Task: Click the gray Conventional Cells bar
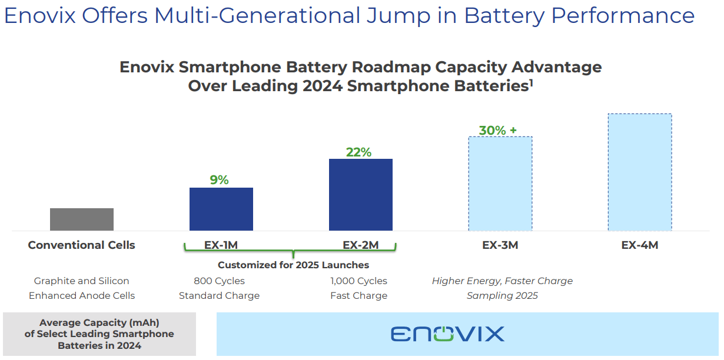[x=82, y=219]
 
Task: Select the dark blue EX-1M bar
[x=221, y=209]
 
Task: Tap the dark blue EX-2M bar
[x=361, y=195]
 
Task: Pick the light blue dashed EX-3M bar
[x=500, y=184]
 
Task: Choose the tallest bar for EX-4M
[x=640, y=172]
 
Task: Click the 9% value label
[x=219, y=180]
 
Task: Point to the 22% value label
[x=358, y=152]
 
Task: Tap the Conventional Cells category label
[x=82, y=245]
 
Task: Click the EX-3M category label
[x=500, y=245]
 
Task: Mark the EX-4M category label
[x=640, y=245]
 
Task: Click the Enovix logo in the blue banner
[x=447, y=334]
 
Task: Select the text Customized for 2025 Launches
[x=294, y=265]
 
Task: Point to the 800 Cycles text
[x=219, y=281]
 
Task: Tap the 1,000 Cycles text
[x=359, y=281]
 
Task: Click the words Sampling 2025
[x=502, y=296]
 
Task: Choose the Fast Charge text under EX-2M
[x=359, y=296]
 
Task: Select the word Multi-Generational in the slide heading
[x=256, y=16]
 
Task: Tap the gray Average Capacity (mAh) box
[x=99, y=334]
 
